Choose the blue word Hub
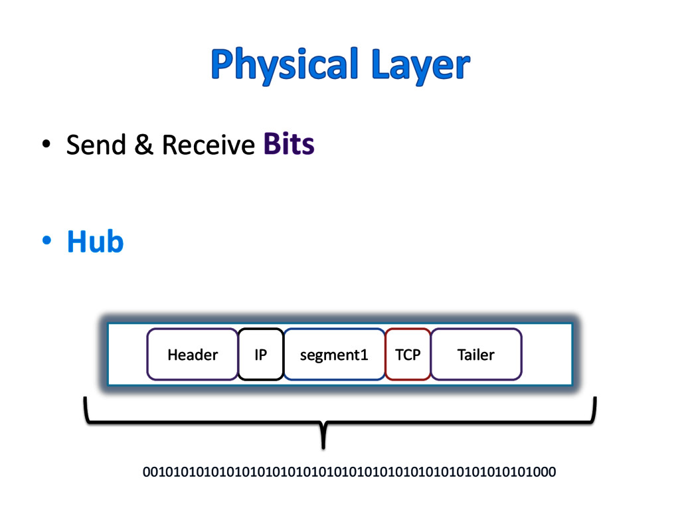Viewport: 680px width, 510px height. coord(96,242)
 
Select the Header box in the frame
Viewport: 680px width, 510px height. coord(192,355)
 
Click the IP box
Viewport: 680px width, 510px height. coord(261,355)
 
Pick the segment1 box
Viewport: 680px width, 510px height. coord(334,355)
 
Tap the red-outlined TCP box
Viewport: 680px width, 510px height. coord(408,355)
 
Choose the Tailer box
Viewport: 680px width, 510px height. coord(476,355)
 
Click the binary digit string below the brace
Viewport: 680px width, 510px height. coord(349,473)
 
